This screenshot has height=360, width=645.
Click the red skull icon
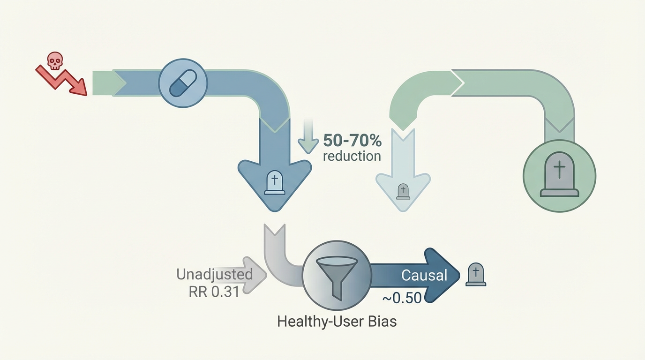pos(55,61)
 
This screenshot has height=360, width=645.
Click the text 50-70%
pos(352,140)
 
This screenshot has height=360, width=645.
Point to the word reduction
pos(352,156)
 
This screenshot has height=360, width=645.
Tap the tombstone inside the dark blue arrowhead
pos(275,182)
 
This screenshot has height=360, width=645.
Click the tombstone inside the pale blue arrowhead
pos(403,191)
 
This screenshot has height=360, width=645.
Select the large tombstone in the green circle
pos(559,175)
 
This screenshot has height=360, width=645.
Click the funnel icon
pos(336,277)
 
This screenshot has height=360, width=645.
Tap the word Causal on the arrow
pos(424,275)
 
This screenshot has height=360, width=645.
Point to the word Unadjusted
pos(215,274)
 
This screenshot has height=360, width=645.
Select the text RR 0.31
pos(214,291)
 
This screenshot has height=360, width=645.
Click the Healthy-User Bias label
pos(337,322)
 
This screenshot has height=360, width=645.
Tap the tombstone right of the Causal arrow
pos(475,274)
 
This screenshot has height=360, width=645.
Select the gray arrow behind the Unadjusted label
pos(253,275)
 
